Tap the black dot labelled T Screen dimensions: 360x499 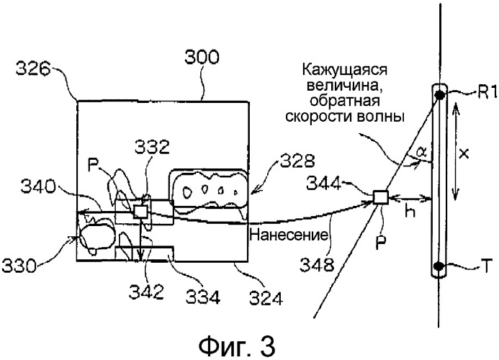(x=439, y=269)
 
